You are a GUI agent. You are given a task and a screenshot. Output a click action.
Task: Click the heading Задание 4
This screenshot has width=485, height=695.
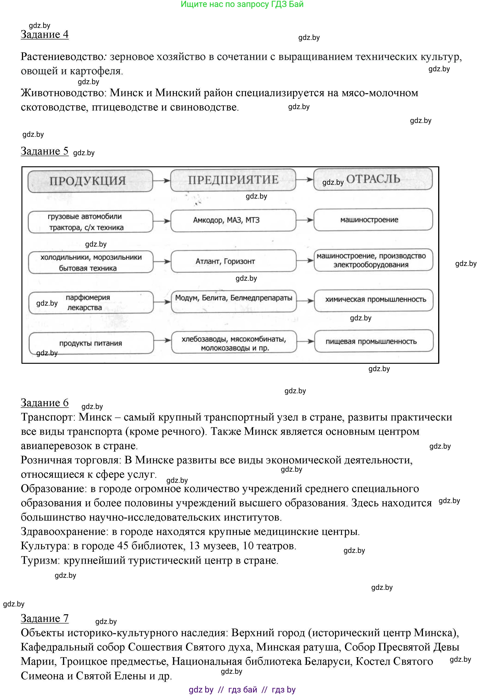tap(45, 35)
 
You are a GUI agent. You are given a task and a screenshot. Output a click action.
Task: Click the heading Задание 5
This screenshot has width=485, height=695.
tap(45, 151)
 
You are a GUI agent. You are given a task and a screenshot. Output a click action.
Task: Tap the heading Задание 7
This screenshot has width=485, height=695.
tap(45, 618)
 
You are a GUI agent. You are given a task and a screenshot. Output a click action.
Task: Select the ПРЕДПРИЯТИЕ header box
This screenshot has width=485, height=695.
tap(233, 180)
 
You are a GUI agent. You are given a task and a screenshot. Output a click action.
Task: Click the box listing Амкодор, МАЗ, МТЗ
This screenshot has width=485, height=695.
tap(233, 220)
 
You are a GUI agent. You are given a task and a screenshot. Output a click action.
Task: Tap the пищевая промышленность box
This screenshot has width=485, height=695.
tap(374, 341)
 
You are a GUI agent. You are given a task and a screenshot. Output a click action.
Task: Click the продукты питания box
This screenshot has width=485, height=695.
tap(91, 343)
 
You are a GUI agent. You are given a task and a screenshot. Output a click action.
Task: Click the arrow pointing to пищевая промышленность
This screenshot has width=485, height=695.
tap(305, 341)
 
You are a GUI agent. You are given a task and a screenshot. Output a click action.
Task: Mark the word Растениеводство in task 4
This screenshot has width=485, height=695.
tap(62, 57)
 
